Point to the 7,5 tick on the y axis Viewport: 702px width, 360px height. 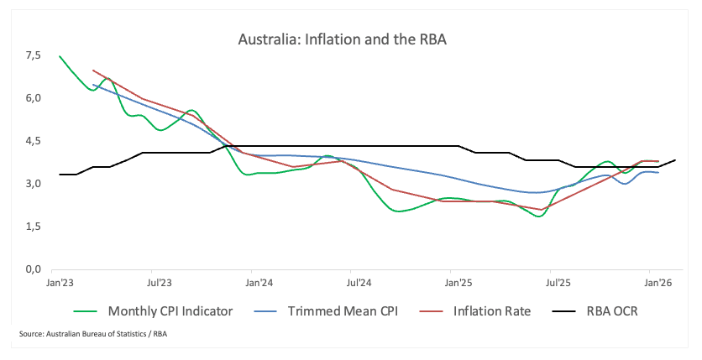[34, 56]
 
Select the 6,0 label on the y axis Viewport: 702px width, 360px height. [34, 99]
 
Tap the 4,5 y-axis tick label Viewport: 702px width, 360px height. [34, 142]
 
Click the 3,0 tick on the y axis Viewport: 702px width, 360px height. [34, 184]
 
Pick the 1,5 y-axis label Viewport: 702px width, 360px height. [34, 227]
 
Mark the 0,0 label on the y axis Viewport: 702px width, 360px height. [34, 269]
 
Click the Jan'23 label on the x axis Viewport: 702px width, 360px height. [59, 284]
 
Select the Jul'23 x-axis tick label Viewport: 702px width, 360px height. [159, 284]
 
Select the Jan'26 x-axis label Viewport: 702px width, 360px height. [657, 284]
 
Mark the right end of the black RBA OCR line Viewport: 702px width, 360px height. [674, 160]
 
